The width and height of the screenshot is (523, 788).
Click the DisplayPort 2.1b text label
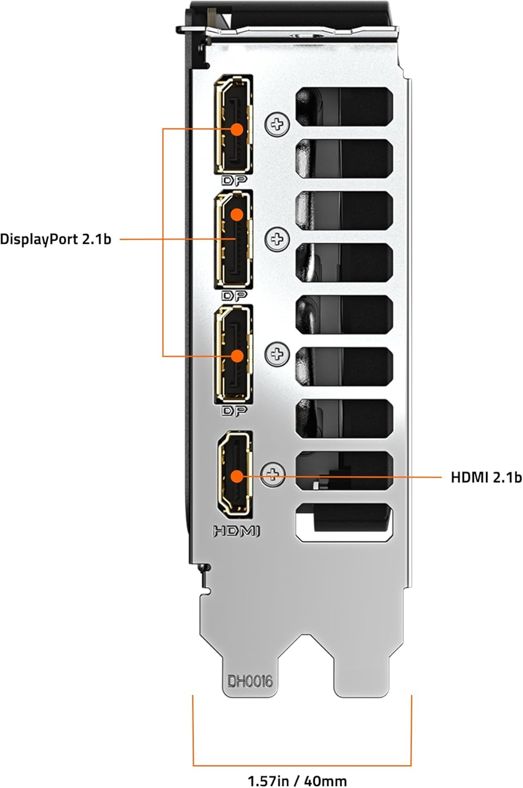56,240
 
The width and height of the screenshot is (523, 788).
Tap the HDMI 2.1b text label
486,477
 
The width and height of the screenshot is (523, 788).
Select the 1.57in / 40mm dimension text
297,781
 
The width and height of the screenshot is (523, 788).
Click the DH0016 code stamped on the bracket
250,681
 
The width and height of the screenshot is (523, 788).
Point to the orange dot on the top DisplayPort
237,129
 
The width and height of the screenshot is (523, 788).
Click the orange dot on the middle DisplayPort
237,214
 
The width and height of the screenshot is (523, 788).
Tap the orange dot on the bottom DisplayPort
237,356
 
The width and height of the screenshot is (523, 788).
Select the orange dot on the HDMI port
237,476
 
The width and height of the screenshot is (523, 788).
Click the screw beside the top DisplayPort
277,125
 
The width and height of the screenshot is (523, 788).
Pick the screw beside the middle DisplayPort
277,240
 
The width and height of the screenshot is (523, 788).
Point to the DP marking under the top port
234,181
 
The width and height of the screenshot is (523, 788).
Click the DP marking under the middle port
234,296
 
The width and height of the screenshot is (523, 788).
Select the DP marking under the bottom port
234,411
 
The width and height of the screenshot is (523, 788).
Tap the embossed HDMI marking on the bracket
236,531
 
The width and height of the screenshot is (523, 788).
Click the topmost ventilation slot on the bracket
344,105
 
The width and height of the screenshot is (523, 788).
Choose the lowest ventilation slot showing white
344,522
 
